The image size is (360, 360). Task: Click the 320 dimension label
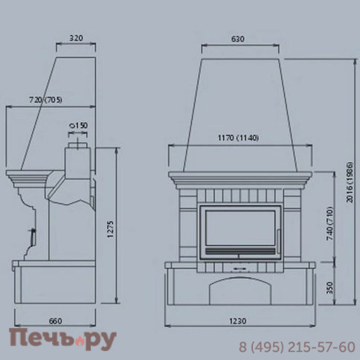76,38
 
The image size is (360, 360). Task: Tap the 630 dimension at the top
238,39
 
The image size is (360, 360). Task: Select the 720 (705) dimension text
45,100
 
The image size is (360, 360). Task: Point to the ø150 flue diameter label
78,126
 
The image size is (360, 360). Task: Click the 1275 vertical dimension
110,229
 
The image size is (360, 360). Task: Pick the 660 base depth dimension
55,321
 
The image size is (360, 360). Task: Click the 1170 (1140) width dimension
238,138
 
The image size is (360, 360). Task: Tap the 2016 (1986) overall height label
350,182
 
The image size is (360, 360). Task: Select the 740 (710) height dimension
330,225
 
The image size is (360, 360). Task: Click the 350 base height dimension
330,288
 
